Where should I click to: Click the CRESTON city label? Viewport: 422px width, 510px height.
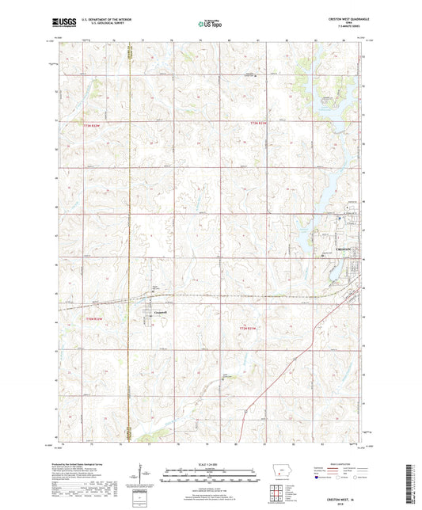(x=349, y=248)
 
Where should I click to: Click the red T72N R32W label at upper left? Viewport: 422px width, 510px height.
(x=94, y=124)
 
